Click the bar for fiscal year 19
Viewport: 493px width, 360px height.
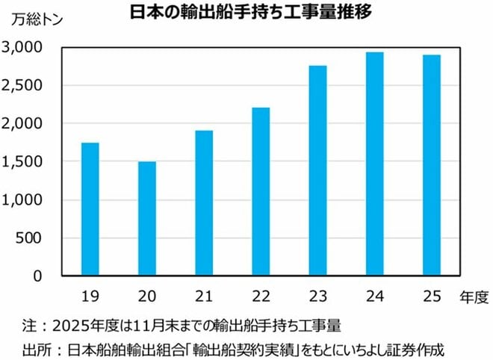tap(90, 209)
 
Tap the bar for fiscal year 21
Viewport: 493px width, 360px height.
tap(204, 203)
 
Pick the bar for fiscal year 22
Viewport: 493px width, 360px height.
tap(261, 192)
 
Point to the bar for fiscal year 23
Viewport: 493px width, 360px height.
tap(318, 171)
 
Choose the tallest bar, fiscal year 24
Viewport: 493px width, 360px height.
tap(375, 164)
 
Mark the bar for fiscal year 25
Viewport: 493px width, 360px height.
tap(432, 166)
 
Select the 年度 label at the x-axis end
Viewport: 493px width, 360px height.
tap(473, 297)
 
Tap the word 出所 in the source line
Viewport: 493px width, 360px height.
tap(35, 349)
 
